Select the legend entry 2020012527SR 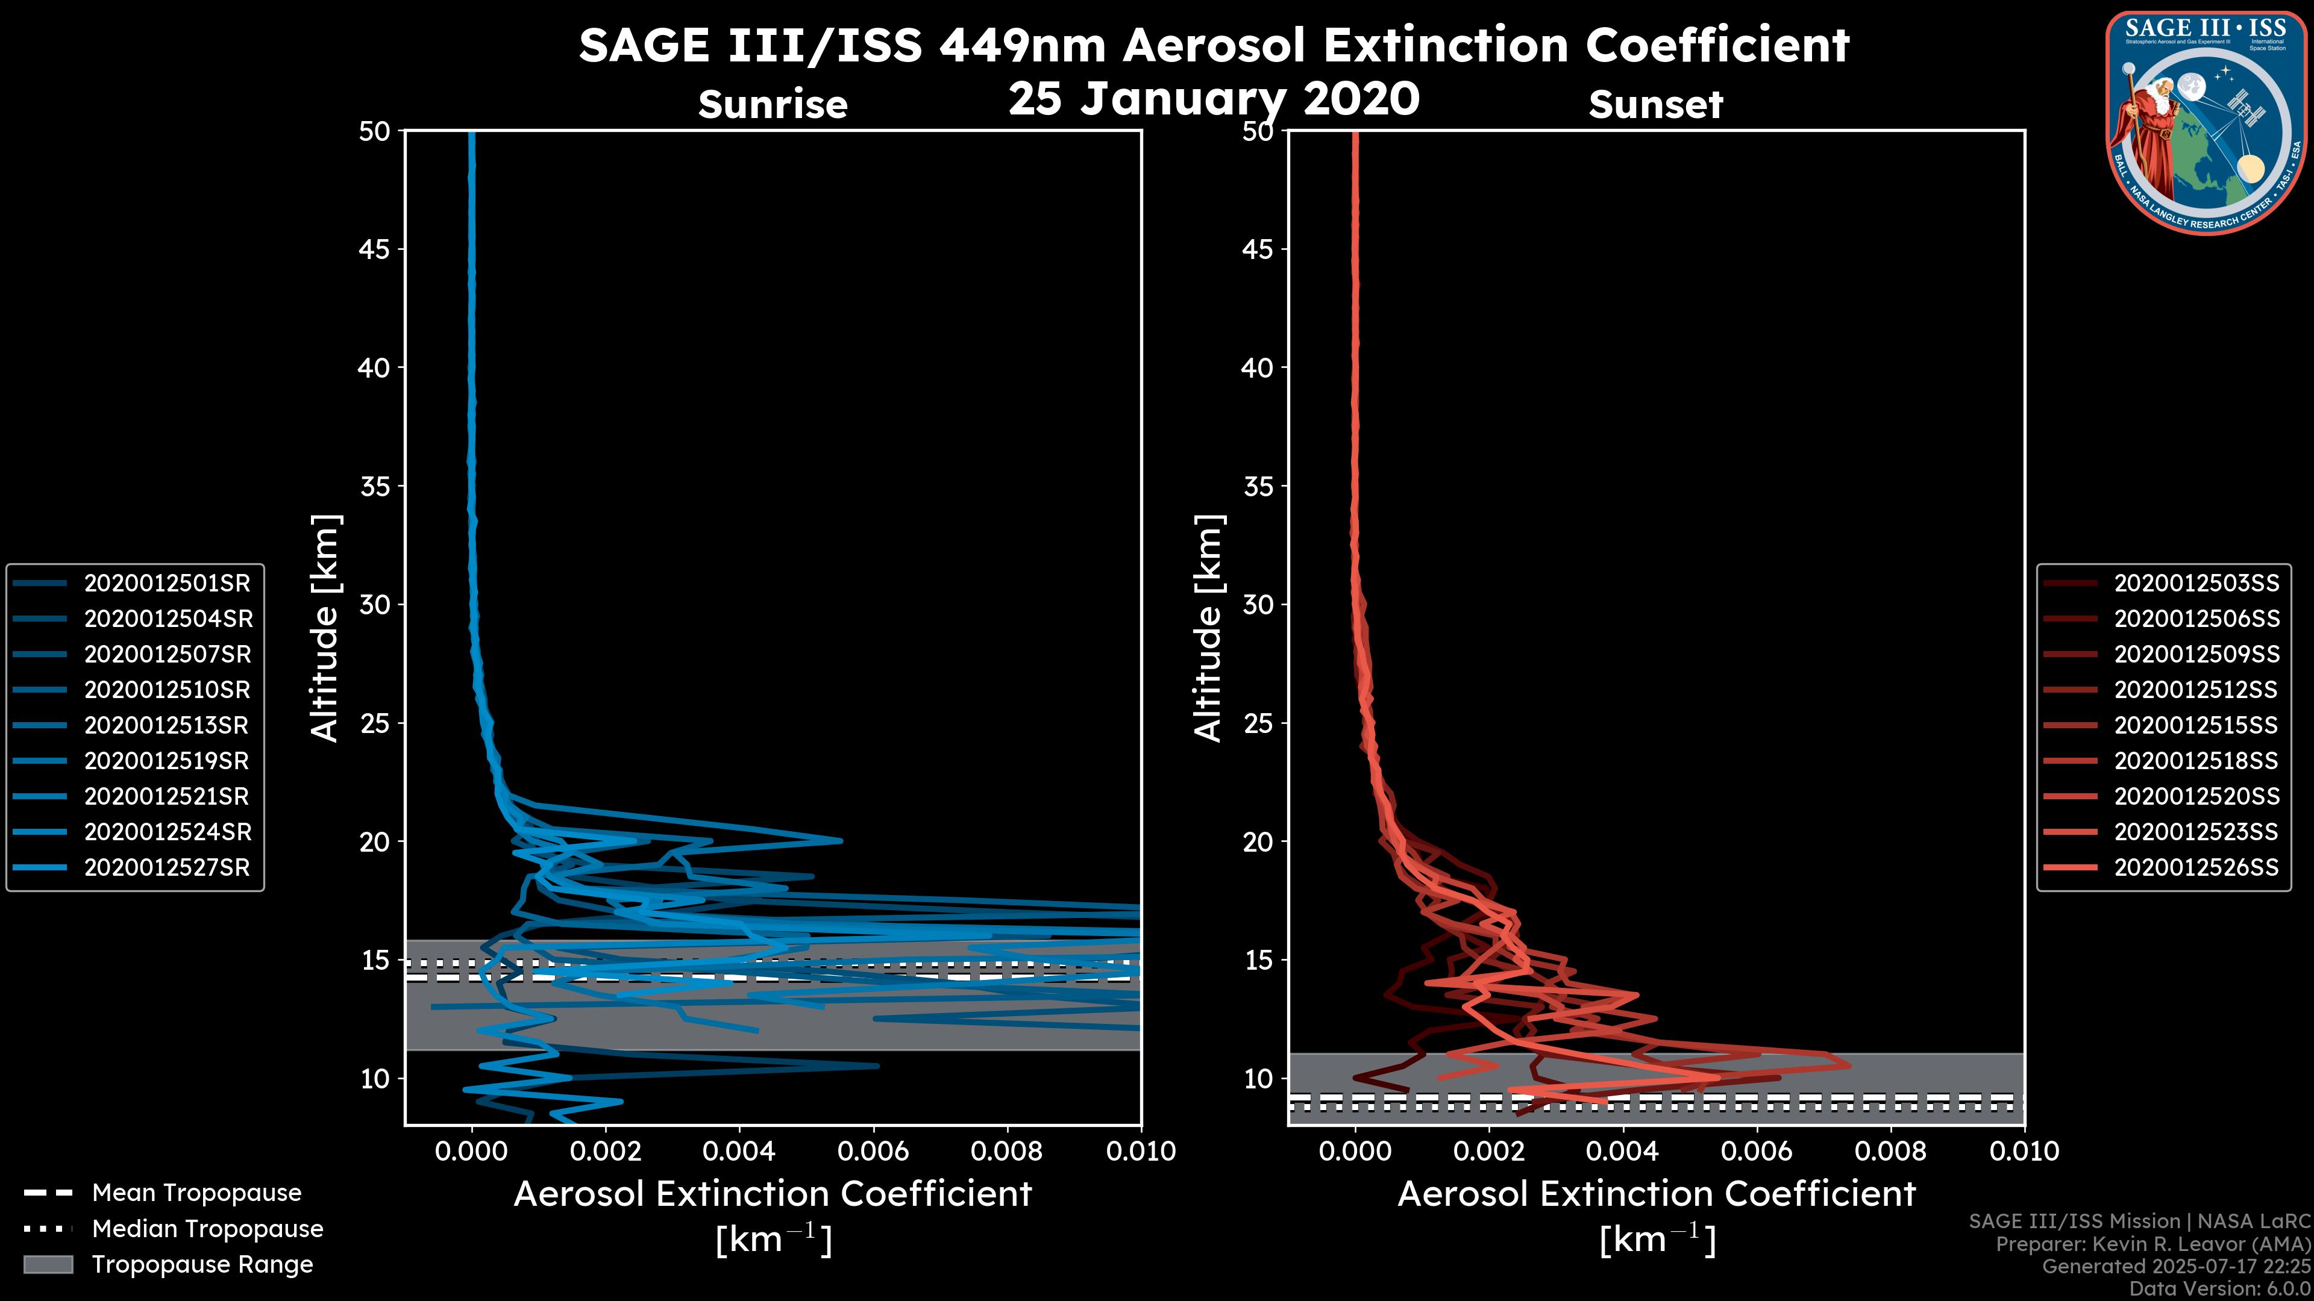click(167, 868)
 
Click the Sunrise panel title click(773, 105)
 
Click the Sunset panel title click(1655, 105)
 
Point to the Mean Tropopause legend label click(196, 1193)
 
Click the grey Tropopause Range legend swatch click(48, 1265)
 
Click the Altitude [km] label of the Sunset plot click(1208, 628)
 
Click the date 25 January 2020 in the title click(1214, 99)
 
